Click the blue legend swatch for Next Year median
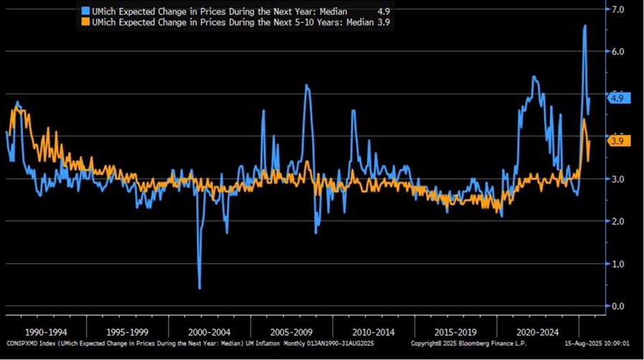coord(85,11)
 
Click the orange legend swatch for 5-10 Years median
coord(85,22)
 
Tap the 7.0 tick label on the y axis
coord(617,9)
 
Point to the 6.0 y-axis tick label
coord(617,52)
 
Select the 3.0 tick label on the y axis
coord(617,179)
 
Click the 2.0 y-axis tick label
coord(617,222)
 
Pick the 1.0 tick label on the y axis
coord(617,264)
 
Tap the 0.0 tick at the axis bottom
coord(617,306)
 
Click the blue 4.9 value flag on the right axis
coord(619,98)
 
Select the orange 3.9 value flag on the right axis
coord(619,141)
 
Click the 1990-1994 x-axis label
coord(46,333)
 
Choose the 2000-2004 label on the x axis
coord(210,333)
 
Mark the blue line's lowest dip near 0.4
coord(199,288)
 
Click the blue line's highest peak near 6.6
coord(585,26)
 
